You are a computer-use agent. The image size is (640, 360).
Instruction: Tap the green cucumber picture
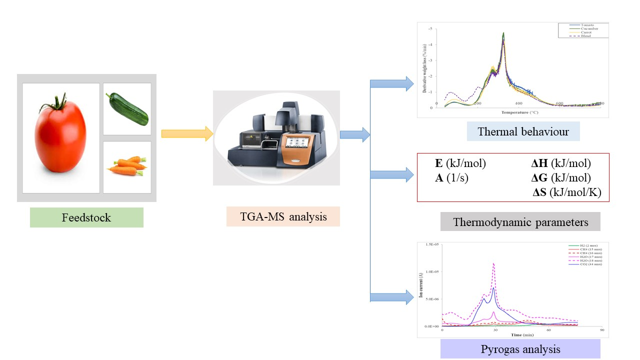127,109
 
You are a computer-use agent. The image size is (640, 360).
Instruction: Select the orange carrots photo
127,166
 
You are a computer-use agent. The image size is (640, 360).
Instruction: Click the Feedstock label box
86,217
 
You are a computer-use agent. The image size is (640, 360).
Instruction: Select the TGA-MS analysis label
283,216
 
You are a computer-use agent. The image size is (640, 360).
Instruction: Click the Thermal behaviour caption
523,132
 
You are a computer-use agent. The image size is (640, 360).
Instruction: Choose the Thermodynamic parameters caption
520,221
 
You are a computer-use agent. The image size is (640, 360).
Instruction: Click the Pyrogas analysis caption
520,349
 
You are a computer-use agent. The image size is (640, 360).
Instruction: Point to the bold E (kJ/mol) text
460,163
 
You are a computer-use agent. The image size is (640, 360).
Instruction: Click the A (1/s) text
451,177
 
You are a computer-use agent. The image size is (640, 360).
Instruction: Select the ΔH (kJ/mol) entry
560,163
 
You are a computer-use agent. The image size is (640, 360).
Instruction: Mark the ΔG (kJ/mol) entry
560,177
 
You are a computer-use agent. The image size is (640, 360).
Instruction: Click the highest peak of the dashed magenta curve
494,263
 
